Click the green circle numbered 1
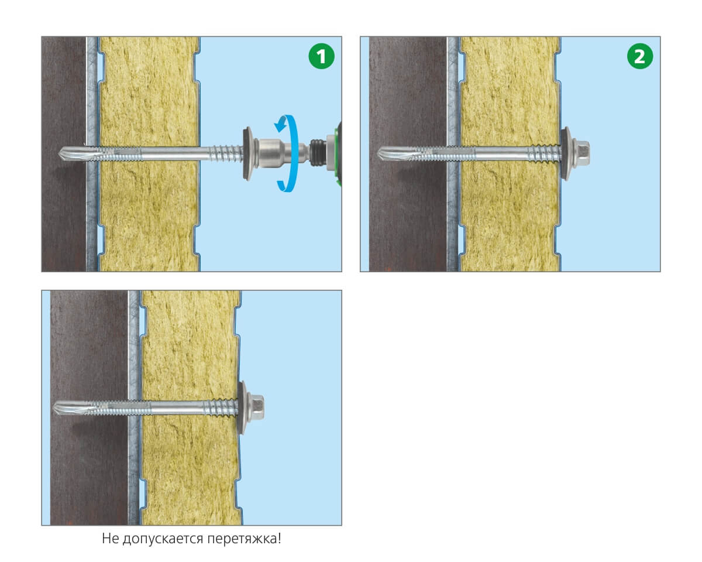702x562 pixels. [x=321, y=56]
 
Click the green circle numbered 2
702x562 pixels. [x=640, y=56]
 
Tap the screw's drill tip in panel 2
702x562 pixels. [x=378, y=153]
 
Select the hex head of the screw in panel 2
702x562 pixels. [x=581, y=153]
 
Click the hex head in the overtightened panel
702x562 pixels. [x=256, y=408]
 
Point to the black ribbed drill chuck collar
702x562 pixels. [x=318, y=153]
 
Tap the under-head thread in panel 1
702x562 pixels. [x=226, y=153]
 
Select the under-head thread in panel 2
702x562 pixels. [x=545, y=153]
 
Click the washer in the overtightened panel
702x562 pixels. [x=243, y=408]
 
